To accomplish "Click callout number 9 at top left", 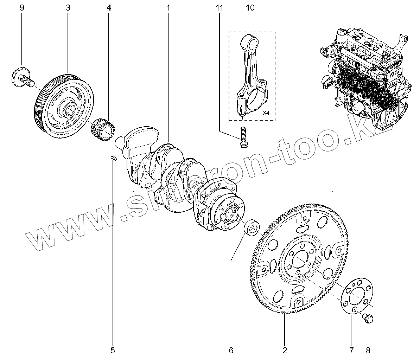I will tap(22, 8).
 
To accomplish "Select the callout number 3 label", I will tap(68, 8).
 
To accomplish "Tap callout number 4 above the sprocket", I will tap(109, 8).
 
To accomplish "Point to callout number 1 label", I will tap(168, 8).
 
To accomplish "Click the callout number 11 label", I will tap(220, 8).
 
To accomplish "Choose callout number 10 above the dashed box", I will tap(250, 8).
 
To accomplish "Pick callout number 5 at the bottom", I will tap(113, 350).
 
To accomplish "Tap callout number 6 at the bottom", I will tap(231, 350).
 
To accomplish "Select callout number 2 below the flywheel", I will tap(285, 350).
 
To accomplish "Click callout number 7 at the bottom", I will tap(351, 350).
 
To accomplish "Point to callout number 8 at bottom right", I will tap(368, 350).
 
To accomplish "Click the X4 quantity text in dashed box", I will tap(266, 113).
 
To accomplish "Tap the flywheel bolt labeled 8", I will tap(368, 319).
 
